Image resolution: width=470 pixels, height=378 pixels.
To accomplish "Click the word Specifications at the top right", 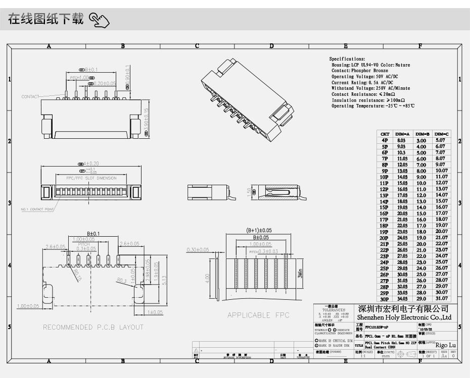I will coord(347,59).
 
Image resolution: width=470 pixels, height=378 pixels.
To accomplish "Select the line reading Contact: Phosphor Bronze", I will coord(360,71).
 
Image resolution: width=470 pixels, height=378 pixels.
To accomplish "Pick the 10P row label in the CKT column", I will coord(385,177).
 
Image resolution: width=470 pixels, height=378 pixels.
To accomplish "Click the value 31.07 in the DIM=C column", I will coord(441,299).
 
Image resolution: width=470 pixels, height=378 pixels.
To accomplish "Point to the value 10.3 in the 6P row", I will coord(402,152).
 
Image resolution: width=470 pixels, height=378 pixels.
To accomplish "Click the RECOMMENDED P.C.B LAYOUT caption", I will coord(93,327).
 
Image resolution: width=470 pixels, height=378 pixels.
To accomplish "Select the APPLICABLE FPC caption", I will coord(258,315).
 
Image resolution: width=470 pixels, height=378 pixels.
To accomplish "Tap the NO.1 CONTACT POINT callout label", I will coord(37,209).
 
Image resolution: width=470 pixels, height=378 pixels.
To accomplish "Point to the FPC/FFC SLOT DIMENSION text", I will coord(84,178).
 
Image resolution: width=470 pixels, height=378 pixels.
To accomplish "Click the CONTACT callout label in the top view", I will coord(30,96).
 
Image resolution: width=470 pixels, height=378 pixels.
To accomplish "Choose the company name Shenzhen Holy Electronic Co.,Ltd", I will coord(404,317).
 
